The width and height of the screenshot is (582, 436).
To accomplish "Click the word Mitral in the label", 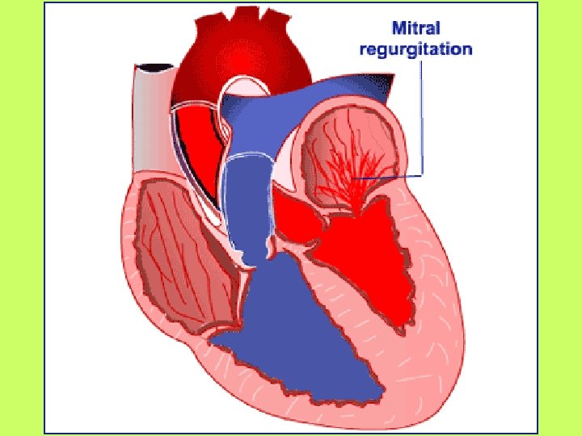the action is (x=417, y=28).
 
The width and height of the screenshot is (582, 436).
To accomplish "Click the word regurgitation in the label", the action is (x=416, y=48).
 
